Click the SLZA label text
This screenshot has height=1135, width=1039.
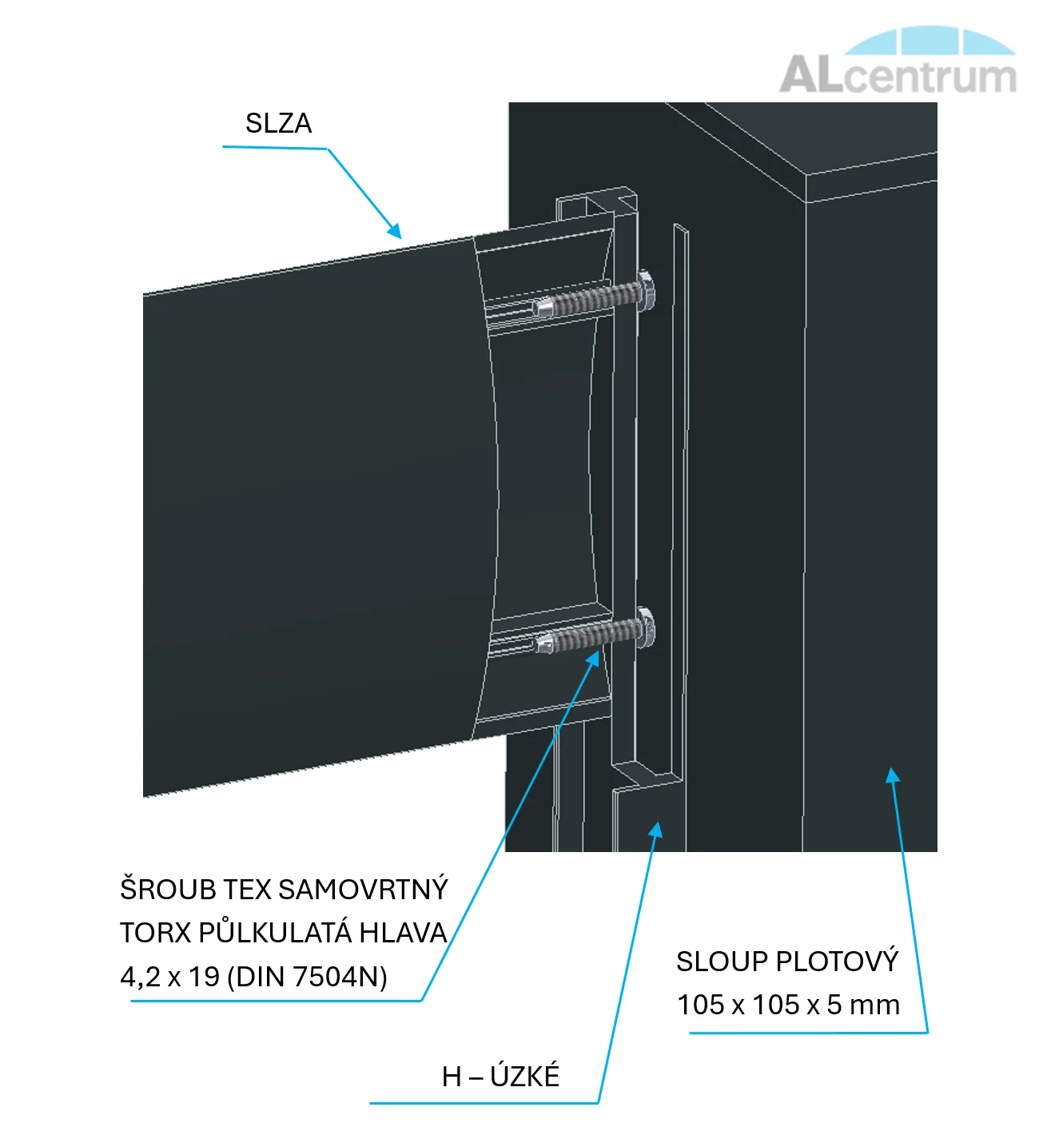click(278, 124)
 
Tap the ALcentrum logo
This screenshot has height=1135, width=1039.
click(898, 63)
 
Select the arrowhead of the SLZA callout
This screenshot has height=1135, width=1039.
click(395, 231)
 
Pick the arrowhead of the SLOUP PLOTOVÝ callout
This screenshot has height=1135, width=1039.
click(893, 775)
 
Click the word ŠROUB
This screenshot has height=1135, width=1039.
click(168, 890)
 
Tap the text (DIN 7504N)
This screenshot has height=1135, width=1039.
click(308, 977)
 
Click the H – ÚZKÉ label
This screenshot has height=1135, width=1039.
click(500, 1077)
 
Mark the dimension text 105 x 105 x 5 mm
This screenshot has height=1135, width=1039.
click(788, 1005)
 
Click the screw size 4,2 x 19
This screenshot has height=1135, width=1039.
click(169, 977)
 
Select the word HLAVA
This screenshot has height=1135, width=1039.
click(403, 933)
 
